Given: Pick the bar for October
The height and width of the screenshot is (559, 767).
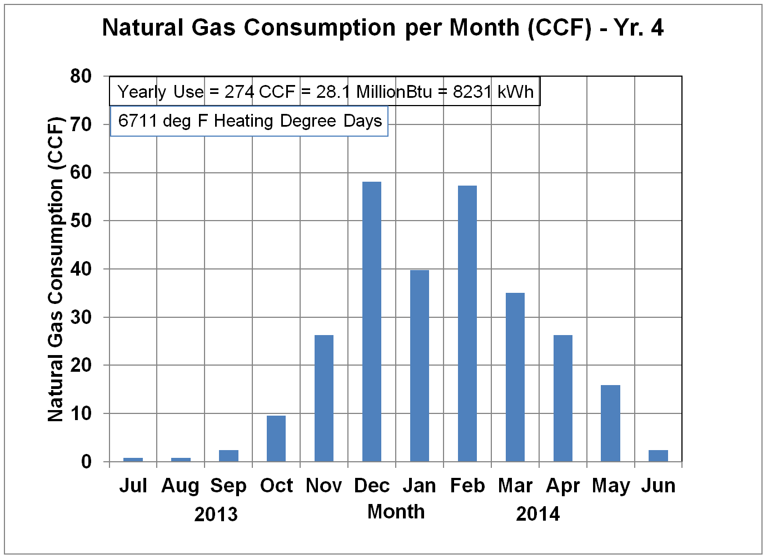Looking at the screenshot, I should [276, 438].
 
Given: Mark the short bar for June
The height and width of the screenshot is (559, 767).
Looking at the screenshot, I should [658, 456].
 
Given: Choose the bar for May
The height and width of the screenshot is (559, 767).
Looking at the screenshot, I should [611, 423].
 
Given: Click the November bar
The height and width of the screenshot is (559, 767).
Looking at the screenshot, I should [324, 398].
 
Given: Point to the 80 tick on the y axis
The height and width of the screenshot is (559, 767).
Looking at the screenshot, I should [81, 76].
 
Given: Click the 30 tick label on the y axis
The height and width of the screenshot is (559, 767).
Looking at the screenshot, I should [81, 317].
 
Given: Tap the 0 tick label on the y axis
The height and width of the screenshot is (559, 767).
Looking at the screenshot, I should [86, 462].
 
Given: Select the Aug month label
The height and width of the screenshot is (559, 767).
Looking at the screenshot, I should [180, 486].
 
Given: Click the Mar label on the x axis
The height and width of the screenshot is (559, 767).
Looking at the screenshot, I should [515, 486].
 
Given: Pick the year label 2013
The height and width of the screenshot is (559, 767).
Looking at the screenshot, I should [216, 515].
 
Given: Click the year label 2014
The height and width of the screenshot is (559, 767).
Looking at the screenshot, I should [537, 515].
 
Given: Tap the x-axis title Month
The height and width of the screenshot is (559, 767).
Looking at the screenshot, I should [396, 512].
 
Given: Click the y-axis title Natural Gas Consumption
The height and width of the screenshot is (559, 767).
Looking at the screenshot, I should [56, 269].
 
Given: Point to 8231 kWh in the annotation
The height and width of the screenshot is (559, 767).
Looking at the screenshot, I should [493, 92].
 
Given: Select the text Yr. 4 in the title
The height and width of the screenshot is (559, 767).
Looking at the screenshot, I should [639, 27].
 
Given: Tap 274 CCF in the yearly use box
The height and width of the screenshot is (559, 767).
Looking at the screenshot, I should [260, 92].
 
